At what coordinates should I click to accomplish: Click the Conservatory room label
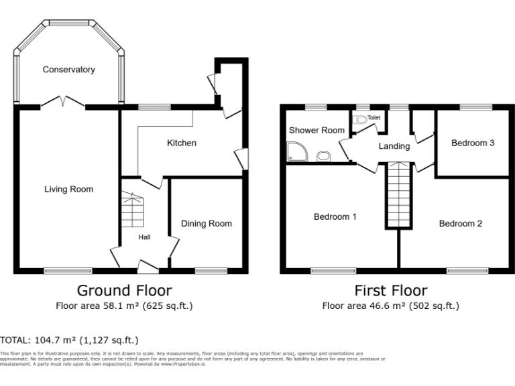pos(69,70)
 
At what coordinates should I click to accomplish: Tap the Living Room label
pos(68,189)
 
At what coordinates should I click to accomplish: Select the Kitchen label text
pos(181,143)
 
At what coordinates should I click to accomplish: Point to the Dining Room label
pos(207,224)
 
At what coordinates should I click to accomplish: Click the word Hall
pos(145,237)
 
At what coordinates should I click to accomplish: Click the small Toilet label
pos(374,117)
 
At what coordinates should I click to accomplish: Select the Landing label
pos(394,146)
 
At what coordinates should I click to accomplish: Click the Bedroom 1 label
pos(335,217)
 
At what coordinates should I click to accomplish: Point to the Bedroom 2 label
pos(461,224)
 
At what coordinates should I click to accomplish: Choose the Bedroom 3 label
pos(473,143)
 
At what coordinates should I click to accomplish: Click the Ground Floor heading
pos(124,290)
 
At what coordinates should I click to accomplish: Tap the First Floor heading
pos(390,290)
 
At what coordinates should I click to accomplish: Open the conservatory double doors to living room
pos(62,103)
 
